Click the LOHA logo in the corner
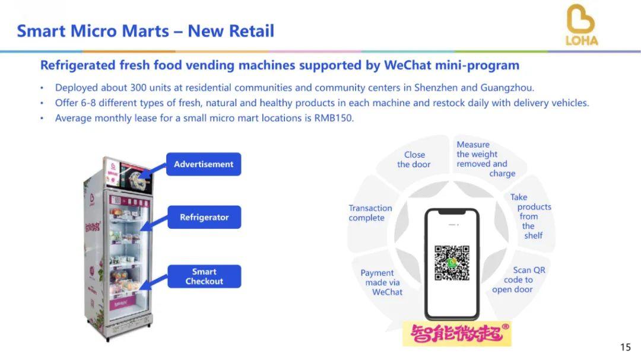coord(581,24)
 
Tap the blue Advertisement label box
coord(204,164)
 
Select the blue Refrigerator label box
coord(204,217)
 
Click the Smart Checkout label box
coord(204,276)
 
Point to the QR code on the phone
coord(452,263)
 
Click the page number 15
coord(626,347)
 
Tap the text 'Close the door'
coord(414,160)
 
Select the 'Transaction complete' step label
coord(370,213)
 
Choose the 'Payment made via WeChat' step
coord(382,282)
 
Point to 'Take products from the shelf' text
coord(531,216)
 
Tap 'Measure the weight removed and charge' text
coord(485,159)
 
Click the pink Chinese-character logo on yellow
coord(457,333)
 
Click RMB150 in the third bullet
coord(334,118)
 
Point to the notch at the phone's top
coord(452,212)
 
